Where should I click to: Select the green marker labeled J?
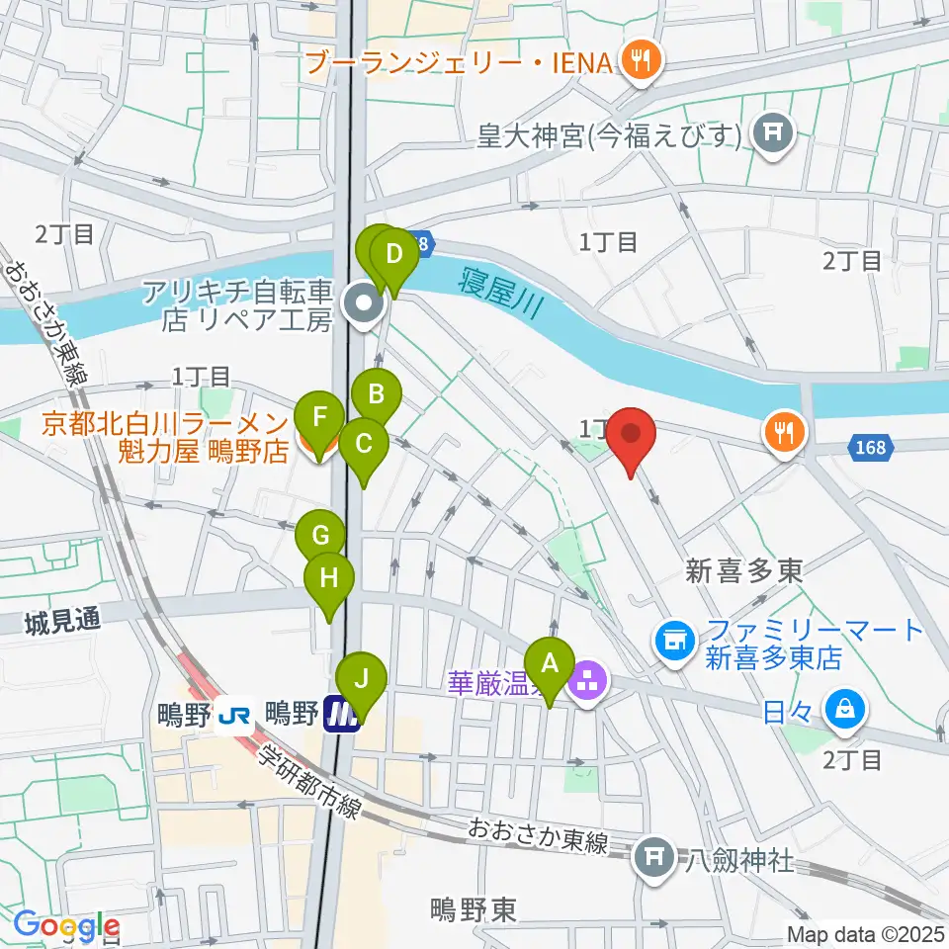coord(361,681)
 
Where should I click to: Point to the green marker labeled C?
coord(364,445)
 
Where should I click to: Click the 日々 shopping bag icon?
coord(847,709)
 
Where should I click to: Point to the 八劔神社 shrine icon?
coord(652,856)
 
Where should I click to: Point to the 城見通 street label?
coord(63,621)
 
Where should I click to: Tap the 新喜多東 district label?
coord(744,569)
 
